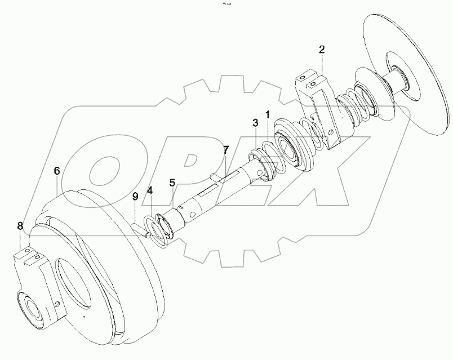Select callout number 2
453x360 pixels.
click(321, 50)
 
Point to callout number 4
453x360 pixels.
click(150, 190)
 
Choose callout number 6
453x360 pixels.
click(57, 170)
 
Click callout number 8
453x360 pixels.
click(20, 226)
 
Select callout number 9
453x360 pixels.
click(135, 196)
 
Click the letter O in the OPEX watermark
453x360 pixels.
click(107, 169)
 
